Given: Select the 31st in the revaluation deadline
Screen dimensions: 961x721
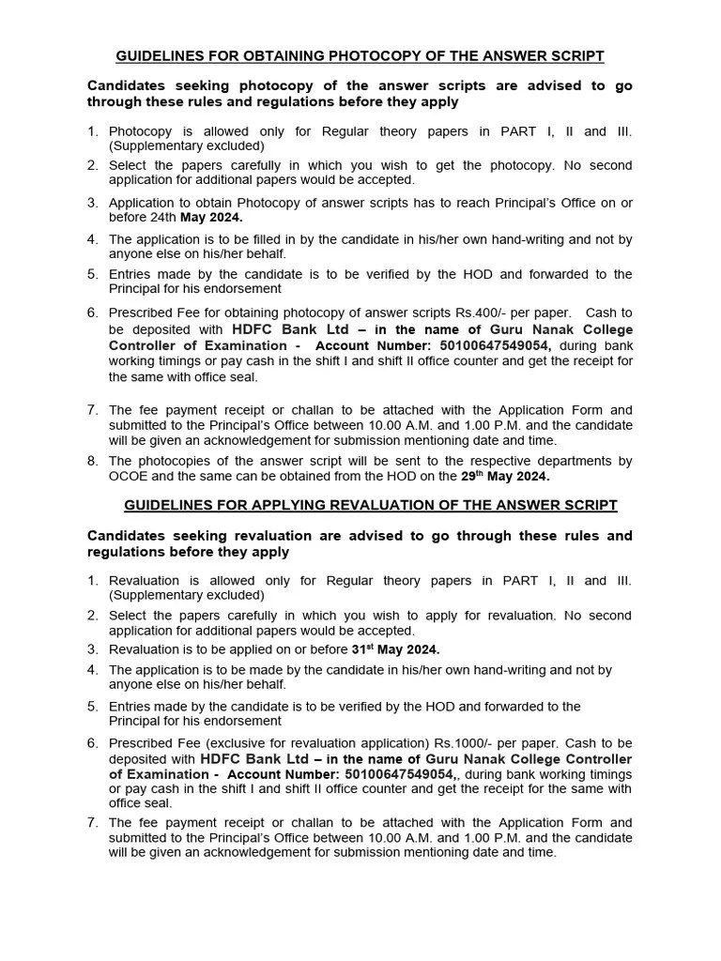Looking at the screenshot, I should coord(363,648).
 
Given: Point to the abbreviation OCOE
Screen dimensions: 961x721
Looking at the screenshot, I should coord(129,476).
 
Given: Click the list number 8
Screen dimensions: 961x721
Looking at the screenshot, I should coord(93,461).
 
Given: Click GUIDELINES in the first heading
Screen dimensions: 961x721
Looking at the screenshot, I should coord(159,56).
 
